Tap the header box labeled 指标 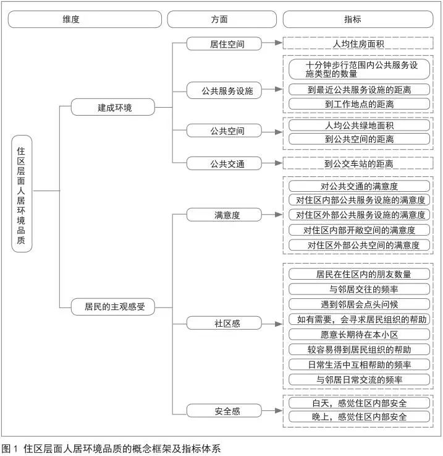pyautogui.click(x=358, y=19)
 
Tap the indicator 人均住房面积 pyautogui.click(x=358, y=44)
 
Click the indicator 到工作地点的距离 pyautogui.click(x=358, y=104)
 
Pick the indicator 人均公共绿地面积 pyautogui.click(x=358, y=125)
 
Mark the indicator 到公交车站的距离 pyautogui.click(x=358, y=164)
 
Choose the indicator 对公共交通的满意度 pyautogui.click(x=358, y=186)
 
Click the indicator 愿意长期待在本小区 pyautogui.click(x=358, y=334)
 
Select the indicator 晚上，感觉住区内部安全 pyautogui.click(x=358, y=417)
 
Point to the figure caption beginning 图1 pyautogui.click(x=111, y=448)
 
